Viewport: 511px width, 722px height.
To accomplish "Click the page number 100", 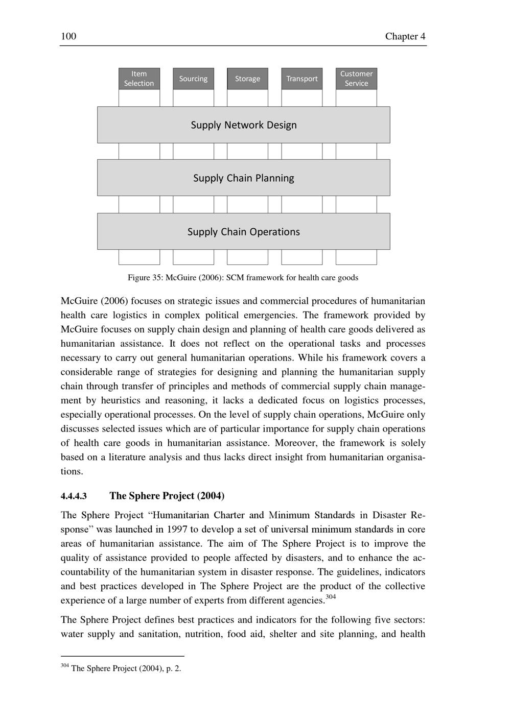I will (68, 36).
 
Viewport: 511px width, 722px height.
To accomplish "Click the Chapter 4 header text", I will (405, 36).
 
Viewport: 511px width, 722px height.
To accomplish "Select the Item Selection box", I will (139, 79).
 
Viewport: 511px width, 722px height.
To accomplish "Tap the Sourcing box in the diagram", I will (193, 79).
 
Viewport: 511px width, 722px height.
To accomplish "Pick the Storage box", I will (247, 79).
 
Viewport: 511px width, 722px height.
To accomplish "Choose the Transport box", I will (301, 79).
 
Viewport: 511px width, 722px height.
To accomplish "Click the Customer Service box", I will (356, 79).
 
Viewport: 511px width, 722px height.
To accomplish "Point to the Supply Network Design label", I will (244, 125).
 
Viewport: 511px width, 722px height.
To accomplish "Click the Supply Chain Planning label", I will (244, 178).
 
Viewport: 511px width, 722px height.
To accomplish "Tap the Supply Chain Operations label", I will (244, 232).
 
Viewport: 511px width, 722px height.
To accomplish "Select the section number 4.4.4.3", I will (74, 496).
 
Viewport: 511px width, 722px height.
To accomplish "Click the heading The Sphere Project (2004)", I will (167, 496).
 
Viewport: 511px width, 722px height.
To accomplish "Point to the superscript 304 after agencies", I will (331, 597).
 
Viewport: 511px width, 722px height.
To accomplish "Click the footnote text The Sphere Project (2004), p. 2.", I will (126, 668).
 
